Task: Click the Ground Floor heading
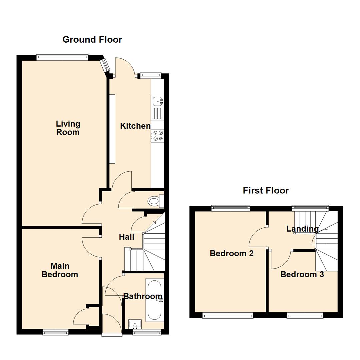[x=92, y=40]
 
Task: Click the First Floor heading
[x=266, y=190]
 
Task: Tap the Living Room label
[x=68, y=128]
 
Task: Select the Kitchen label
[x=135, y=126]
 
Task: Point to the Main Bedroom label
[x=60, y=270]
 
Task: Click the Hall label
[x=127, y=237]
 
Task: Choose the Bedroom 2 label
[x=232, y=253]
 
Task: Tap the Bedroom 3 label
[x=302, y=275]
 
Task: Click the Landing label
[x=302, y=229]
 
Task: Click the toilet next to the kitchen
[x=154, y=201]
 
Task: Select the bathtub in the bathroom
[x=154, y=300]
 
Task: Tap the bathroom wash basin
[x=135, y=324]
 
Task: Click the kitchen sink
[x=157, y=101]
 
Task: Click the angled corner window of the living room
[x=105, y=65]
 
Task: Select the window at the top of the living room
[x=62, y=57]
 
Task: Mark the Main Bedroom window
[x=55, y=332]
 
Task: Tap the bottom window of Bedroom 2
[x=228, y=315]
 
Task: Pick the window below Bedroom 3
[x=305, y=315]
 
